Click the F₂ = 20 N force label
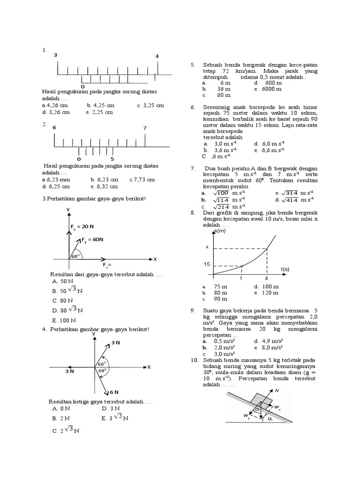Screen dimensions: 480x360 83,226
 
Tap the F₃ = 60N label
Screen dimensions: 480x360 92,240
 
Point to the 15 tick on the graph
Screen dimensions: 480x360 206,264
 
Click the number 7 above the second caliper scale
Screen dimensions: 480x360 145,128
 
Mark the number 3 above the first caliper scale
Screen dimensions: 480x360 55,55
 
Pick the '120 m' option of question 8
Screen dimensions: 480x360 270,292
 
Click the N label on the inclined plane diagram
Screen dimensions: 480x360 277,390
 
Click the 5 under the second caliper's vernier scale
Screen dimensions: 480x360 112,151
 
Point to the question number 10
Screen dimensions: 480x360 194,360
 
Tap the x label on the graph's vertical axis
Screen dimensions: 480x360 207,247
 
